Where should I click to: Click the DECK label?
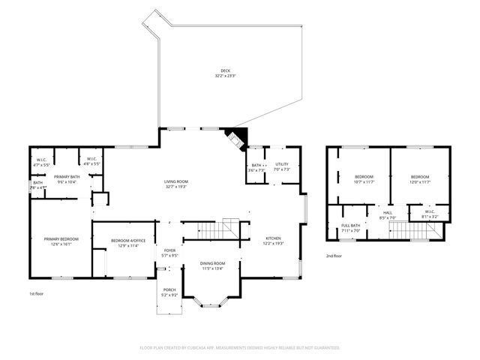(225, 70)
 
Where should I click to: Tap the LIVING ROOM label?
(176, 181)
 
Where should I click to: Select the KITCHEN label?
(272, 238)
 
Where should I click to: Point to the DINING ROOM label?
(212, 263)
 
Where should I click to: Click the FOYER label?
(170, 250)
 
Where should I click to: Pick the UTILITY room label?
(281, 164)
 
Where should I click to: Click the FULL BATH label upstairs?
(351, 226)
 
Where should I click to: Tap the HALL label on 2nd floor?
(388, 213)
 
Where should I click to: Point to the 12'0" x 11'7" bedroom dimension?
(420, 182)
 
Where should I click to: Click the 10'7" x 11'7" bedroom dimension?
(363, 182)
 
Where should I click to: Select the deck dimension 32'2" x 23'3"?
(225, 76)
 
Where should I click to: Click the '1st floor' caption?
(36, 293)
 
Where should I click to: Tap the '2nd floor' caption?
(334, 256)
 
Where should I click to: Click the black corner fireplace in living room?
(238, 139)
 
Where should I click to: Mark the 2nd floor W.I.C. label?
(430, 211)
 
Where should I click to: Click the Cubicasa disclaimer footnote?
(240, 347)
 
